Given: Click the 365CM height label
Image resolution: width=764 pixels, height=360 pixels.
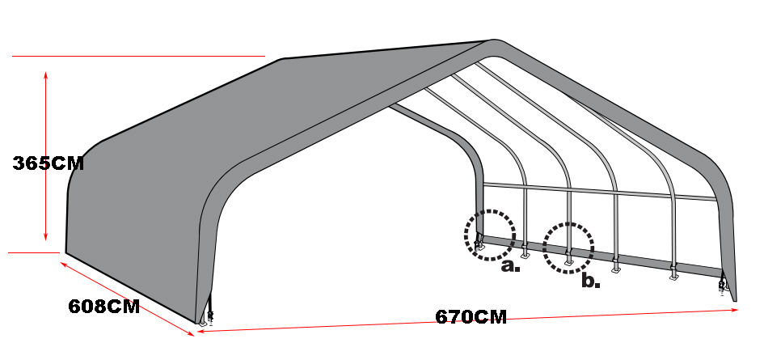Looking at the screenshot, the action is [49, 163].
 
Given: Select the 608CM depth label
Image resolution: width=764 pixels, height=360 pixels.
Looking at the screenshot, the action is [103, 307].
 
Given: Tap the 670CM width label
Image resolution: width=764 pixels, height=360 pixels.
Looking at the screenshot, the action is [471, 317].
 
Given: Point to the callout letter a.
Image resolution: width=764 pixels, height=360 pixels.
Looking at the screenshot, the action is [510, 266].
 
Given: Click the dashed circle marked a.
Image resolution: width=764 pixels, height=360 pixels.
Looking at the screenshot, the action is [489, 211].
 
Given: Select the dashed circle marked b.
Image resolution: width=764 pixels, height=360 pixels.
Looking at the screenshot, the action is [568, 224].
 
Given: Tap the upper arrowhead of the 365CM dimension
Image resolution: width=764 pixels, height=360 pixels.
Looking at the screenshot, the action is [46, 74].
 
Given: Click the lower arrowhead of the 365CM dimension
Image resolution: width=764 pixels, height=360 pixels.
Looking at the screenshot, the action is [46, 237].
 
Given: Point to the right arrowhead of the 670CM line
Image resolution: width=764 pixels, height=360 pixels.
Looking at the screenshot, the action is [735, 310].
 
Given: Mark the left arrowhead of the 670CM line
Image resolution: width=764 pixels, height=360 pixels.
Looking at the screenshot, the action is [200, 331].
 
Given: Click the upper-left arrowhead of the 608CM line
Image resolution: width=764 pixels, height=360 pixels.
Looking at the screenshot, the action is [63, 265].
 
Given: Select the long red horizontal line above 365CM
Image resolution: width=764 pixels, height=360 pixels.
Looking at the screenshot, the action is [139, 56].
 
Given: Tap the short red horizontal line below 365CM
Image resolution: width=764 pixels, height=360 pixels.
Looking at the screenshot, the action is [34, 252].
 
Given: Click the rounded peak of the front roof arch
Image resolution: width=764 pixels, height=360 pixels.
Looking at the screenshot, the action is [494, 41].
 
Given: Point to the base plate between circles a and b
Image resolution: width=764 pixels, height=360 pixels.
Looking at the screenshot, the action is [525, 254].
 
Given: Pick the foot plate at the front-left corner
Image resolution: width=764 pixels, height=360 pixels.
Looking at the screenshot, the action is [203, 323].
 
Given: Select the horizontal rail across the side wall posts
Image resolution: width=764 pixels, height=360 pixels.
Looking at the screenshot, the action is [600, 191].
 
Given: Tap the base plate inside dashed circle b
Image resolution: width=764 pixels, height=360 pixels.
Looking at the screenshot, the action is [568, 262].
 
